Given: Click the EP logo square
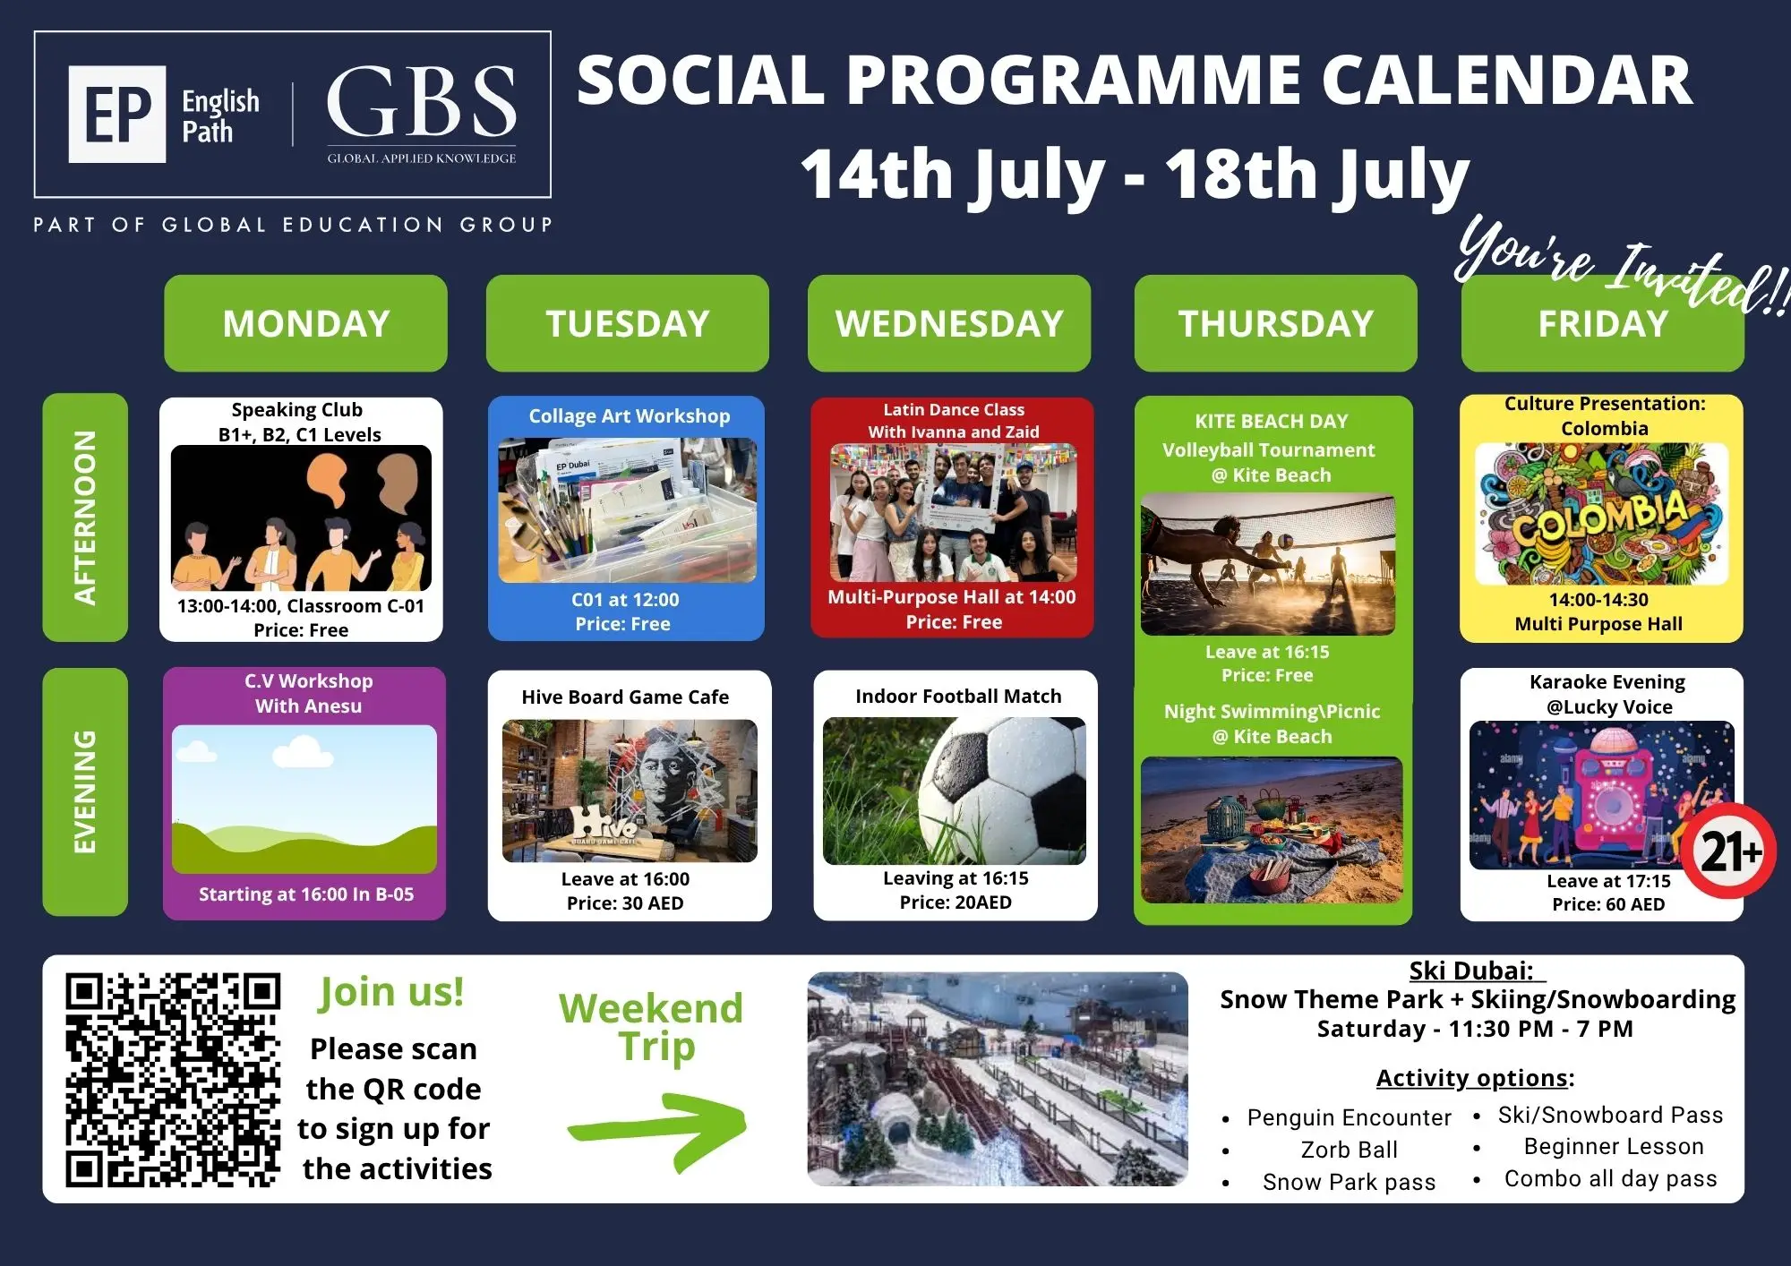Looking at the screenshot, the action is [117, 114].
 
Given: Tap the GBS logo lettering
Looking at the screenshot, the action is [421, 101].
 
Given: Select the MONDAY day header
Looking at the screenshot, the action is [305, 323].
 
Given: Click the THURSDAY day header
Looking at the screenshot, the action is [1275, 323].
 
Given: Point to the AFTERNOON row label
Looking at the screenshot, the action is [85, 518].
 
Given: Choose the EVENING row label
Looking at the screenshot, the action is [85, 791].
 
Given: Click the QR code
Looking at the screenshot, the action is [173, 1080].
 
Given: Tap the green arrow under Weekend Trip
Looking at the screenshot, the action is [658, 1129].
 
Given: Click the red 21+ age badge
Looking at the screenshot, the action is [1728, 851].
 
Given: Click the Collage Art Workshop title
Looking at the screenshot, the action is [630, 416].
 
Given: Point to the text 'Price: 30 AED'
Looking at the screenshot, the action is [625, 903].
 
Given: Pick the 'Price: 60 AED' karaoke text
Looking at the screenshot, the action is [1608, 904].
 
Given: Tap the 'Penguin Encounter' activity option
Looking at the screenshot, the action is [1349, 1117].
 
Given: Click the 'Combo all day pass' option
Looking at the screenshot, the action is [1611, 1178].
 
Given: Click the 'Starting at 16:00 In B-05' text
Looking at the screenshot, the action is [306, 894].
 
